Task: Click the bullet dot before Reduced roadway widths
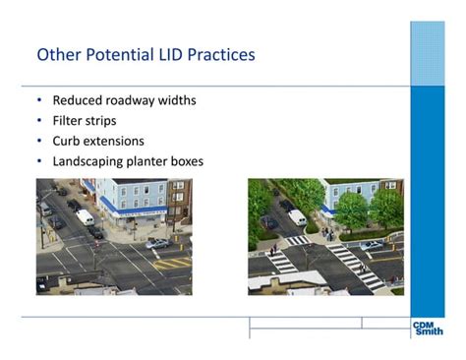pos(39,100)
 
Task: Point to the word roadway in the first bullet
pos(132,100)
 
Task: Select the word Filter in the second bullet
pos(69,121)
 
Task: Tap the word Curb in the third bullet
pos(68,141)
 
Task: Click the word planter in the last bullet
pos(148,160)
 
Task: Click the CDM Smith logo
pos(428,328)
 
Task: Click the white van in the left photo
pos(86,216)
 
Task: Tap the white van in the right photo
pos(297,216)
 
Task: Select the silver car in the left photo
pos(156,243)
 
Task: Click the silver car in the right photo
pos(372,244)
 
